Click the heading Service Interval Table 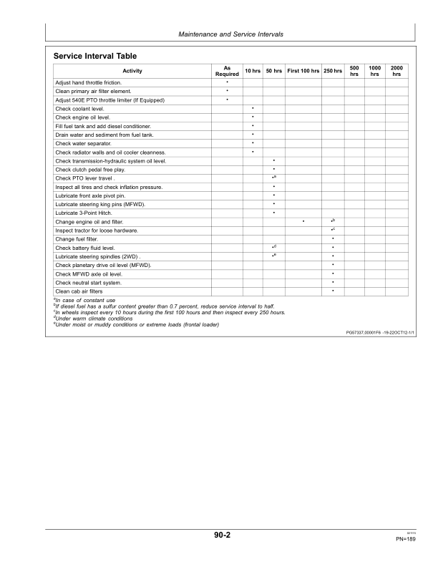point(94,56)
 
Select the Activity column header point(132,71)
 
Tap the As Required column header point(227,71)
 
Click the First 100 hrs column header point(303,71)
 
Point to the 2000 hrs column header point(396,71)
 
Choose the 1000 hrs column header point(374,71)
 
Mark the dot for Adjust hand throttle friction point(227,82)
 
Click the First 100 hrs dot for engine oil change point(303,222)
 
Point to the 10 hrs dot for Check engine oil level point(253,117)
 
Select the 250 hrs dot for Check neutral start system point(334,282)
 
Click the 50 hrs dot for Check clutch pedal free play point(273,170)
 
